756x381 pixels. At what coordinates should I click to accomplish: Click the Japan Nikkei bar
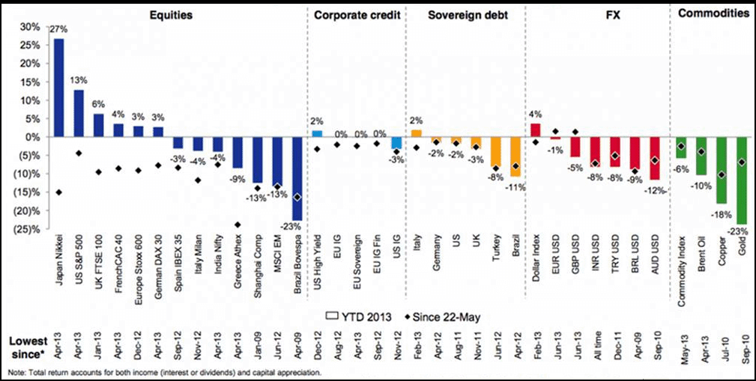58,88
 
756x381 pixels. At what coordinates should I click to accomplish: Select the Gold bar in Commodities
742,180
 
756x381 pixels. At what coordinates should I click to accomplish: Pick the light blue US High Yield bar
317,133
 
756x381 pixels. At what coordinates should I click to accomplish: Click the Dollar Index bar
535,130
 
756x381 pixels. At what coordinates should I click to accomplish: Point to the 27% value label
58,29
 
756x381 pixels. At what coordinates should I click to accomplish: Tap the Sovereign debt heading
464,13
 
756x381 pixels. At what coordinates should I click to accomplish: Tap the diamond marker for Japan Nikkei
58,192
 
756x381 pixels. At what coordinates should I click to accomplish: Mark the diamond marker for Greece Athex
238,225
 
